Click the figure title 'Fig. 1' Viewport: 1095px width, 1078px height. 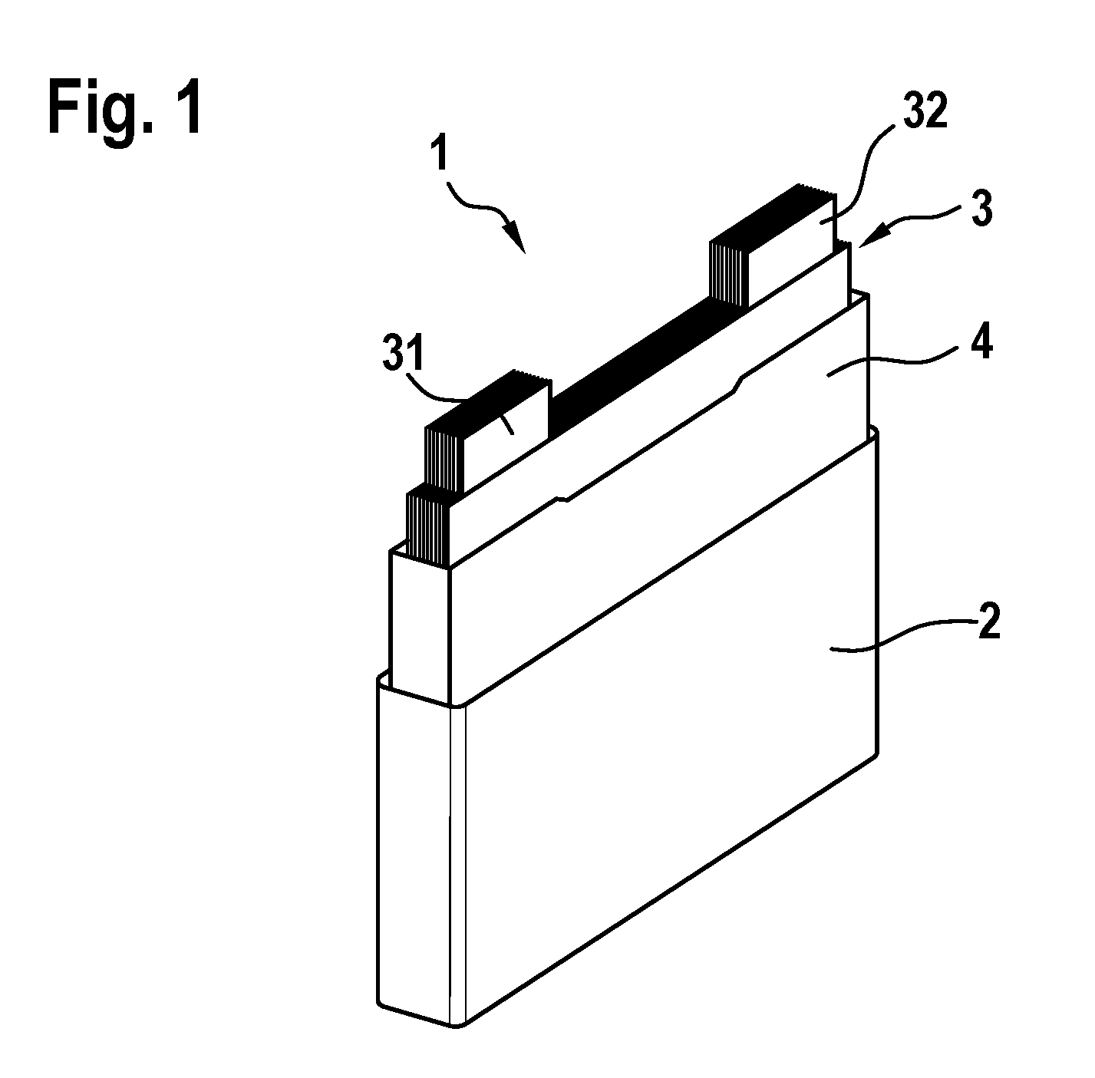point(125,106)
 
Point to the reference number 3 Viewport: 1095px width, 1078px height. point(981,208)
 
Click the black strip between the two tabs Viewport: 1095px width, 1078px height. point(631,364)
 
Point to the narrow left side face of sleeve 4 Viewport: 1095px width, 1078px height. point(420,625)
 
